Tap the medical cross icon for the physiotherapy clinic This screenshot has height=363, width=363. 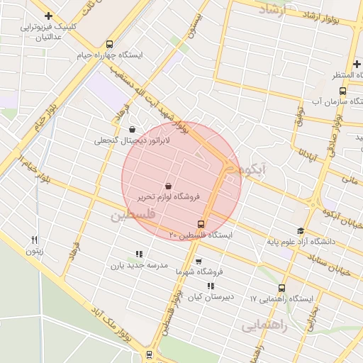(x=48, y=16)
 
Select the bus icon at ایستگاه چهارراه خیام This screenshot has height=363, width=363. (x=108, y=44)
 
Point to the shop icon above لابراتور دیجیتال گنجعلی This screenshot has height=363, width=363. (x=133, y=129)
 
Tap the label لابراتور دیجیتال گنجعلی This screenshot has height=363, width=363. (x=133, y=140)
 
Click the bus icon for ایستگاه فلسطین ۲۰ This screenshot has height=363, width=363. (x=201, y=224)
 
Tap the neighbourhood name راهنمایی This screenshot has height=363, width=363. (x=264, y=325)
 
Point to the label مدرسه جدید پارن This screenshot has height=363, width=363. (x=138, y=265)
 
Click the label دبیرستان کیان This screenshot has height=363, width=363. (x=211, y=296)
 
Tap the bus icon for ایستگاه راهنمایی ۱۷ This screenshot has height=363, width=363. (x=281, y=288)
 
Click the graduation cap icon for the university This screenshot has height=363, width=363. (x=300, y=230)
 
